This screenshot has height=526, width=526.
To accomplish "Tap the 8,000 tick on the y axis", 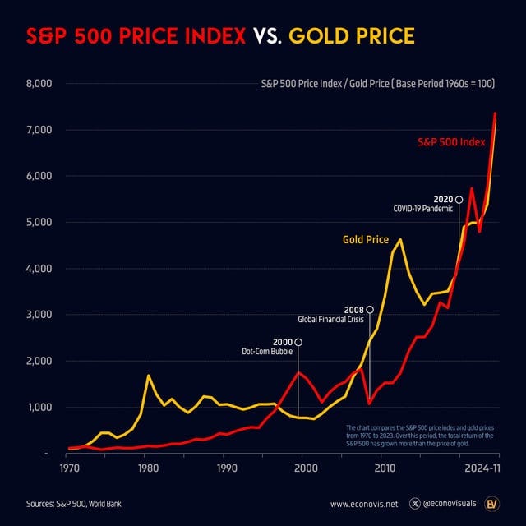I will coord(39,84).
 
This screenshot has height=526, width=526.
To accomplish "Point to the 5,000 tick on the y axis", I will coord(39,223).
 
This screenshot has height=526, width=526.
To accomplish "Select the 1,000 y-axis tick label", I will coord(39,408).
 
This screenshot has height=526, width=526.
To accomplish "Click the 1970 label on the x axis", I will coord(69,468).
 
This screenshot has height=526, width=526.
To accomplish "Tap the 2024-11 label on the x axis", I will coord(482,468).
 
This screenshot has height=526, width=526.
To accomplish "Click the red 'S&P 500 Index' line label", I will coord(451,142).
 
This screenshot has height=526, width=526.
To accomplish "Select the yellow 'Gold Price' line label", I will coord(365,240).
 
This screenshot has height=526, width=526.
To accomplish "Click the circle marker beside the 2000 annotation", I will coord(298,342).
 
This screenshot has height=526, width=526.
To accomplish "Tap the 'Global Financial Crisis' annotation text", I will coord(335,319).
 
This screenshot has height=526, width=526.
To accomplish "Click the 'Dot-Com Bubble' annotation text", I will coord(266,352).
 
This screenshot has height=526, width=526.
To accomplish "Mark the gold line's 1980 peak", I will coord(148,376).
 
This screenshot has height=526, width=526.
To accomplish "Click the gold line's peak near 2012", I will coord(399,240).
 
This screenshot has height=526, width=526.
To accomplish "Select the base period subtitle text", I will coord(377,84).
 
